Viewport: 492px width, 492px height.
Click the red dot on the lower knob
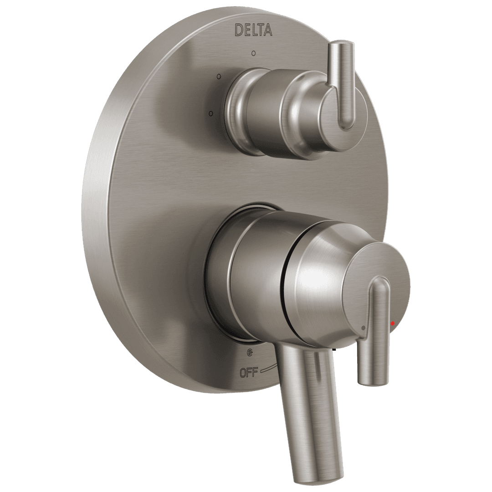[x=393, y=323]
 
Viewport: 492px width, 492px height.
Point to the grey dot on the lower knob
[x=363, y=327]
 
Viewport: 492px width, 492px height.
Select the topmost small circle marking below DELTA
[x=253, y=53]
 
